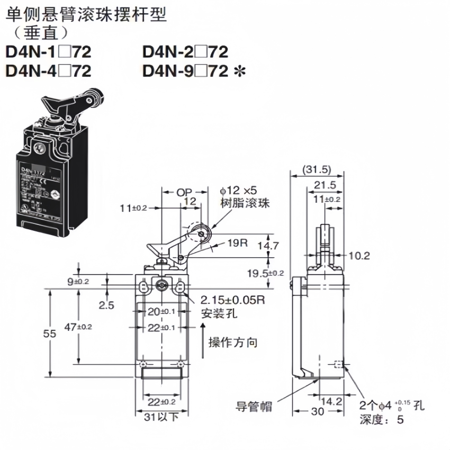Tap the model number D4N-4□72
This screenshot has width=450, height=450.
coord(48,70)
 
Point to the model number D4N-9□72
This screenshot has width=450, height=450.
coord(185,70)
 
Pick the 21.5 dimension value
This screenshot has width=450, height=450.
coord(325,185)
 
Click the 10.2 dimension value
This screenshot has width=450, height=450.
coord(359,256)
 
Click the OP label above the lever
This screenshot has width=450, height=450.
coord(184,191)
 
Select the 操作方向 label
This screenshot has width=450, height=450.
coord(233,343)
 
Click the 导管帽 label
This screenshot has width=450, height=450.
coord(254,407)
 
